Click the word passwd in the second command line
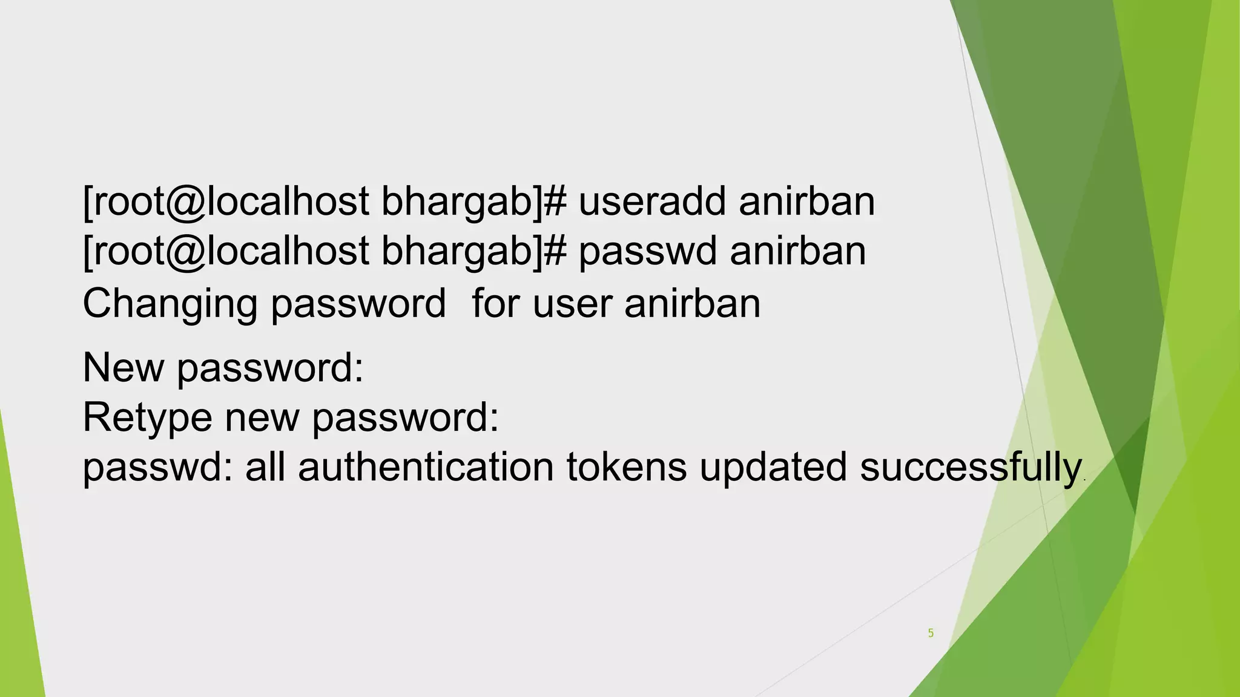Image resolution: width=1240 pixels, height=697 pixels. (647, 251)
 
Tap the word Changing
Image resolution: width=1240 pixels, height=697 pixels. (170, 304)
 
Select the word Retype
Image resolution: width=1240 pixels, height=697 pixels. (147, 417)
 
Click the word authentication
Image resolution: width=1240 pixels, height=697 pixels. (426, 467)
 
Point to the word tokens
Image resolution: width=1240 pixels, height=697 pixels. (627, 467)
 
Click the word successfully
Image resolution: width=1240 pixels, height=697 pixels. (971, 467)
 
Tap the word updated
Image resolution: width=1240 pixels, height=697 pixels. (773, 467)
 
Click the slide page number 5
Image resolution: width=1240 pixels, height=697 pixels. (931, 633)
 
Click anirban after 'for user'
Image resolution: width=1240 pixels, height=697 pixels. (692, 304)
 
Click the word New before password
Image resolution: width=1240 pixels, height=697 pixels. (123, 367)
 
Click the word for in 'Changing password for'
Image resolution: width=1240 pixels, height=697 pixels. (496, 304)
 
